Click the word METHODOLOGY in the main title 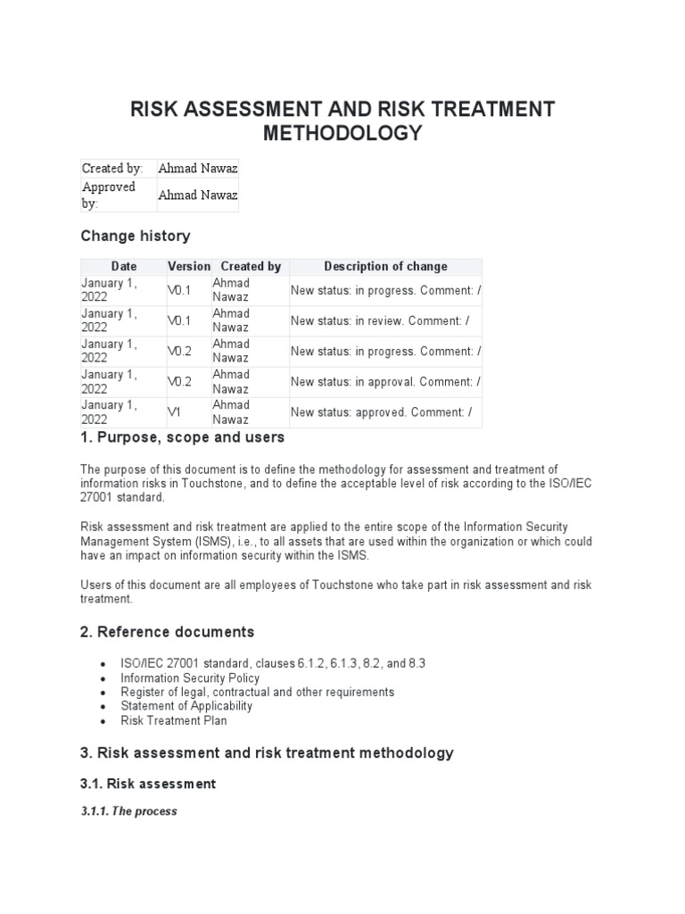342,134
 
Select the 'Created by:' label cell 112,168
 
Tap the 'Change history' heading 135,236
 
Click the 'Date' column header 124,266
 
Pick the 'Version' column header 188,266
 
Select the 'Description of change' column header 385,266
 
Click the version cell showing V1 175,412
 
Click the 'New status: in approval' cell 385,382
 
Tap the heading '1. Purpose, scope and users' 183,437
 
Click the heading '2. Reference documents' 167,632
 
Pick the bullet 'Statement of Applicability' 186,706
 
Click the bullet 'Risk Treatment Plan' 174,720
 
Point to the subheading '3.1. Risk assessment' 148,784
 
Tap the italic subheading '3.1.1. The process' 129,811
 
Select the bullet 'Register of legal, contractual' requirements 257,692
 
